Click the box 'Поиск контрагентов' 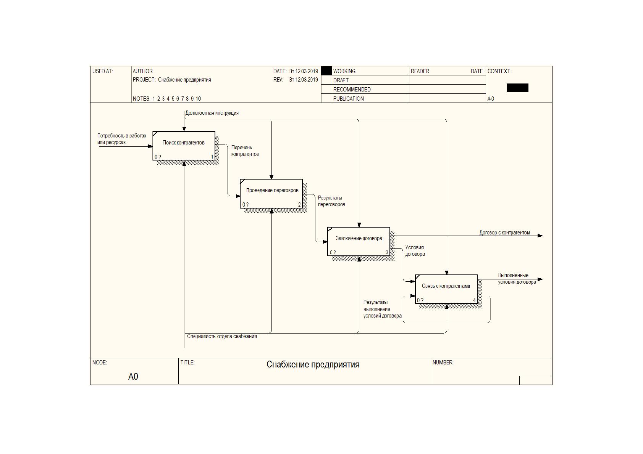tap(184, 146)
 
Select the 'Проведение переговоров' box tap(271, 194)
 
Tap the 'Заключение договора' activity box tap(359, 242)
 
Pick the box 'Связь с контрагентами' tap(446, 289)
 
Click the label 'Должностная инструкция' tap(212, 113)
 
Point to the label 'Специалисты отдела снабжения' tap(222, 336)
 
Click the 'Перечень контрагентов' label tap(245, 151)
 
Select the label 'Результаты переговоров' tap(331, 201)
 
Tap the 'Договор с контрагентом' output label tap(505, 233)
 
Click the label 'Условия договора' tap(415, 250)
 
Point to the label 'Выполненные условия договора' tap(517, 279)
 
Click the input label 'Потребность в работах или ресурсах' tap(122, 139)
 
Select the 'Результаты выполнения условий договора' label tap(382, 309)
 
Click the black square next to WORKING tap(326, 71)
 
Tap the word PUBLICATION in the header tap(348, 99)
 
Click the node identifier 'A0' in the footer tap(133, 376)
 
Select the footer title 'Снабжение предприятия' tap(313, 364)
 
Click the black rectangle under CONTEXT tap(517, 88)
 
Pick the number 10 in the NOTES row tap(198, 99)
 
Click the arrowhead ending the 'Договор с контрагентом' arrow tap(540, 236)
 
